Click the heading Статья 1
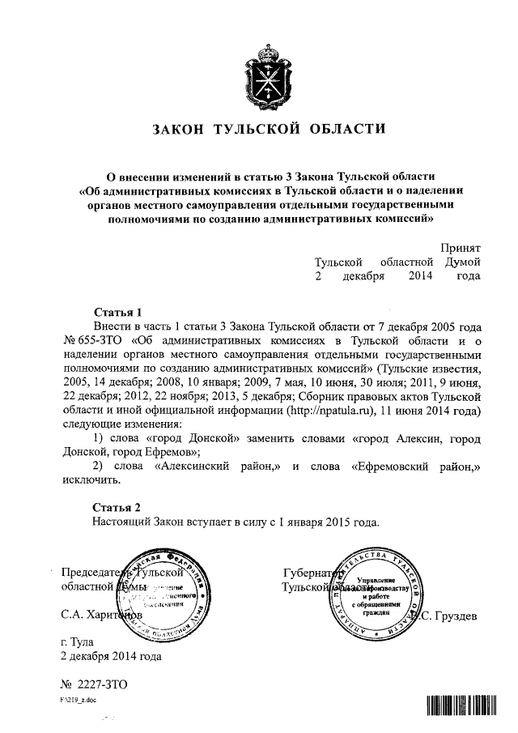click(118, 312)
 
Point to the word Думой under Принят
click(462, 262)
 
